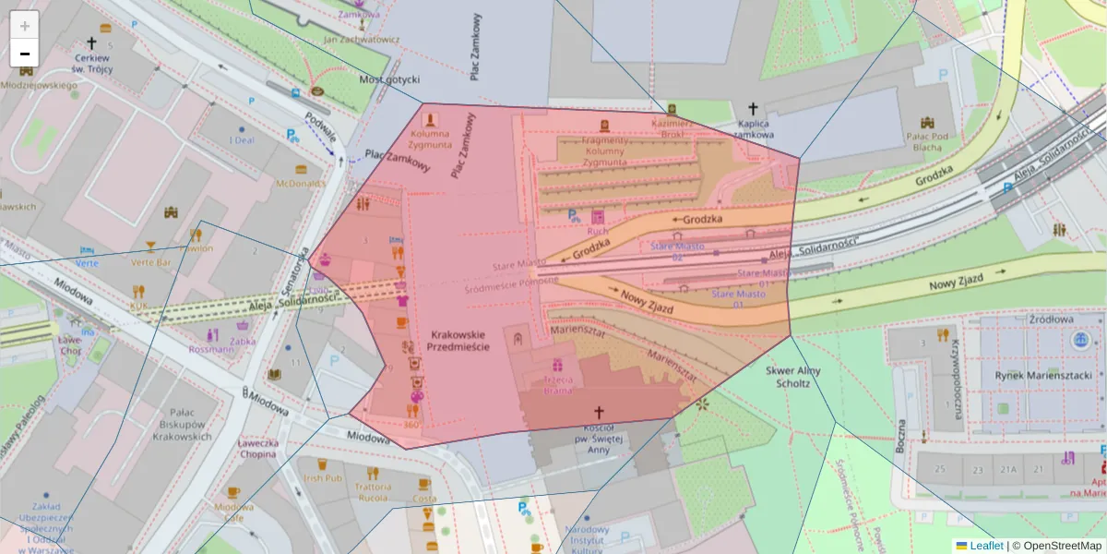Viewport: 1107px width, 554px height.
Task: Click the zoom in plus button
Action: (x=25, y=26)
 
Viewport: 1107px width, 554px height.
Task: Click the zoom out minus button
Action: (x=25, y=54)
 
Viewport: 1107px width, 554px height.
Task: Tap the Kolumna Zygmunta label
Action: (x=430, y=138)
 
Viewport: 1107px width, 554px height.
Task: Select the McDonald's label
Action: (x=301, y=183)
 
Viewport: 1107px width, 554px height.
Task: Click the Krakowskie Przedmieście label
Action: (x=458, y=339)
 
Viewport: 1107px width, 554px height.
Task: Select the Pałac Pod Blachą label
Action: (x=927, y=141)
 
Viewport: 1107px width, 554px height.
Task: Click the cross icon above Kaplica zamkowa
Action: (x=753, y=108)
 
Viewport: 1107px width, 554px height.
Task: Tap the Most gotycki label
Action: (x=388, y=79)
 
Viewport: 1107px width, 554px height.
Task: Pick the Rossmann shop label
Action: (x=211, y=349)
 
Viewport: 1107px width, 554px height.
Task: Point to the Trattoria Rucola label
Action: (x=372, y=492)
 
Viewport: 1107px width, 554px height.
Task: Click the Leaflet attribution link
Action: (x=984, y=546)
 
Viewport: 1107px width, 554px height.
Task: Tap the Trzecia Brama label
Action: (x=557, y=384)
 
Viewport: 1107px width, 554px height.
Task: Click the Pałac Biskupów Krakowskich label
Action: (x=174, y=424)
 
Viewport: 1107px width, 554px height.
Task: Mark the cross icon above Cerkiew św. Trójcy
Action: (x=91, y=43)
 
